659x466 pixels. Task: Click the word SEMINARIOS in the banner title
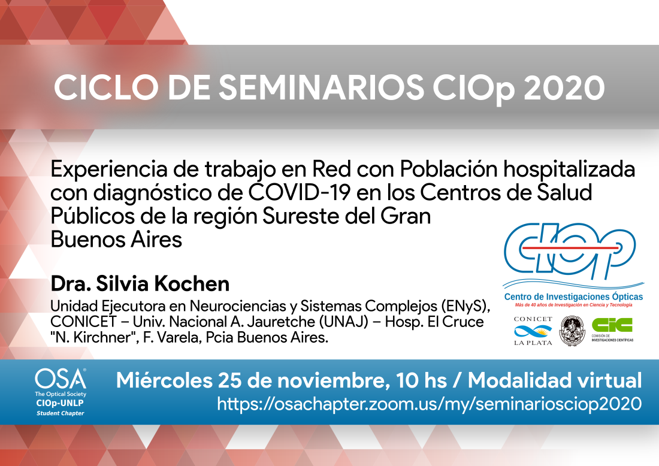tap(322, 87)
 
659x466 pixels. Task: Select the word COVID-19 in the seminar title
tap(299, 192)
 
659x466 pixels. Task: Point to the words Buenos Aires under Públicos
tap(116, 240)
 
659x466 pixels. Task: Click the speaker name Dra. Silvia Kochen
tap(140, 284)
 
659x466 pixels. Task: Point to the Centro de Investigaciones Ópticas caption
tap(573, 296)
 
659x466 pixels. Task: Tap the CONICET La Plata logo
tap(533, 331)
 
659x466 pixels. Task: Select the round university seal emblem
tap(572, 331)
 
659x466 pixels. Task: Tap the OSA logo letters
tap(61, 379)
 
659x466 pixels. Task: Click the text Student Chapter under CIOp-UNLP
tap(60, 413)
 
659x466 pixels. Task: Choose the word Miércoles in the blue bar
tap(164, 380)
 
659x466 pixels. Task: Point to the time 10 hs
tap(421, 381)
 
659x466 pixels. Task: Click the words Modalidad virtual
tap(555, 380)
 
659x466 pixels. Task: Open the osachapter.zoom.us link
tap(429, 404)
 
